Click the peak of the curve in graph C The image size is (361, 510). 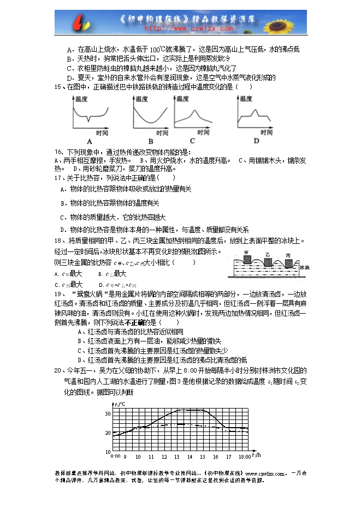[196, 112]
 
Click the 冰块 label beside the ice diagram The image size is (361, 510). [304, 268]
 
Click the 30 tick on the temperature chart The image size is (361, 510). [108, 413]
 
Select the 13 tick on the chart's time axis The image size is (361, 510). [176, 457]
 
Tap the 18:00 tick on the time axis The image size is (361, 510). [244, 457]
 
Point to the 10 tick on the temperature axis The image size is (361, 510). [108, 452]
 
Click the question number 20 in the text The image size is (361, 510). [57, 370]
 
